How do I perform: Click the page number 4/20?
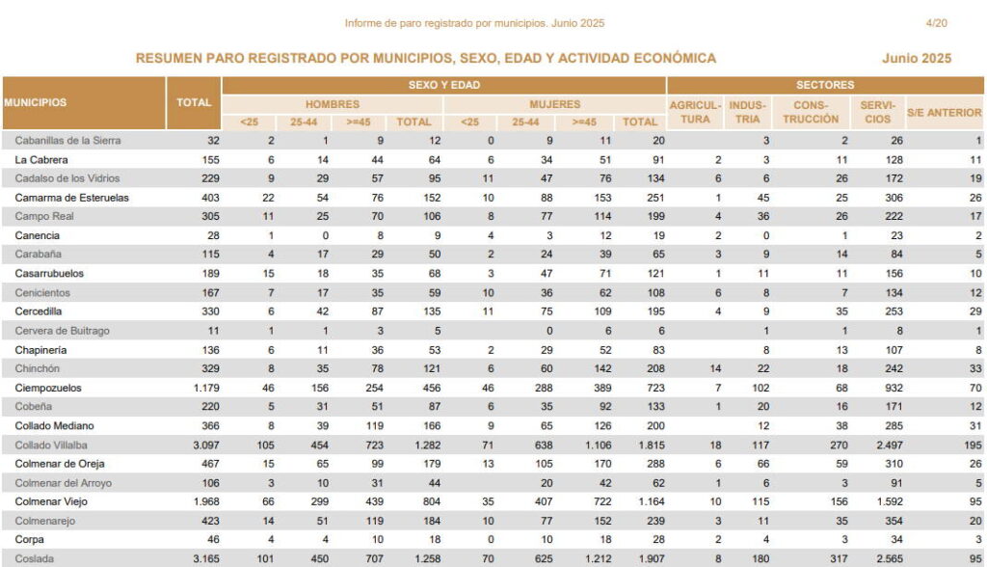coord(936,23)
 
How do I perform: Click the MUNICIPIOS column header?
coord(36,102)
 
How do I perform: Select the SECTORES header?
coord(825,85)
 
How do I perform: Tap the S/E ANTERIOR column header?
coord(944,112)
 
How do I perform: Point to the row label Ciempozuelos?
coord(48,388)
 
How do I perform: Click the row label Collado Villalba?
coord(51,445)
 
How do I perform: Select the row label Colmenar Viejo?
coord(51,501)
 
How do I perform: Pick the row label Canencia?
coord(38,235)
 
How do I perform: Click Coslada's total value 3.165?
coord(206,559)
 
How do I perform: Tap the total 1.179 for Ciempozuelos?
coord(206,388)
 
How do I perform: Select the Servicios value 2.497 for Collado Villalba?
coord(890,445)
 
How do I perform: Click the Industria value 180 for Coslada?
coord(760,559)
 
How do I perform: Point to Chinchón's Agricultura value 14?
coord(716,368)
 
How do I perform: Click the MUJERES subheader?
coord(554,104)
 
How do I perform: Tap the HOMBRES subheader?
coord(333,104)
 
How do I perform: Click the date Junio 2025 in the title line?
coord(917,58)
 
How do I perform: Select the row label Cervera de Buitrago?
coord(63,331)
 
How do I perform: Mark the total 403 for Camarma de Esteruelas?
coord(210,198)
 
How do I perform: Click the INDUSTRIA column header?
coord(747,112)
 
